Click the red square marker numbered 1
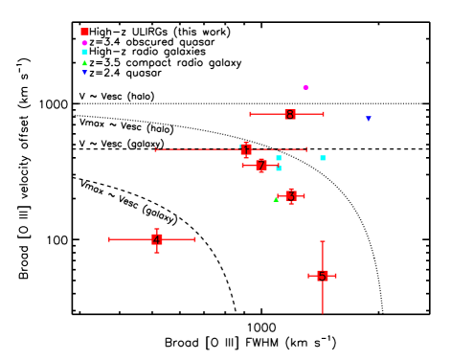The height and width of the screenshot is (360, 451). pos(246,149)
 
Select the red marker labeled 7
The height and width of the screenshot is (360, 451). pos(261,166)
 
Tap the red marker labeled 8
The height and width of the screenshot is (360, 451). pos(290,114)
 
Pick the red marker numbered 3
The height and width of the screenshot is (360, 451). pos(291,196)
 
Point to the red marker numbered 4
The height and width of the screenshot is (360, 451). pos(157,239)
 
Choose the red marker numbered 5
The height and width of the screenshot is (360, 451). pos(323,276)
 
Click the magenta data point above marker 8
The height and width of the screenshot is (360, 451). pos(306,87)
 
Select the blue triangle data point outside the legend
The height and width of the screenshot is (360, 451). pos(369,119)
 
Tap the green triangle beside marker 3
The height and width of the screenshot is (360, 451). pos(276,199)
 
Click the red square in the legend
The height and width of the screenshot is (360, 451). pos(84,32)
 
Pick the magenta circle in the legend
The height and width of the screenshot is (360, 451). pos(84,42)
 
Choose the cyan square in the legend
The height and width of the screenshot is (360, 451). pos(84,52)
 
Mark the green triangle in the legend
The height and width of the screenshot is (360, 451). pos(84,63)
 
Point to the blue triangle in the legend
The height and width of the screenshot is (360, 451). pos(84,73)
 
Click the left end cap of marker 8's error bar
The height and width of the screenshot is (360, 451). pos(251,114)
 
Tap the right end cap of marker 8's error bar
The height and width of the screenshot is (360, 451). pos(324,114)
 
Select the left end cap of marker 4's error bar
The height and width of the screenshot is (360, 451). pos(110,239)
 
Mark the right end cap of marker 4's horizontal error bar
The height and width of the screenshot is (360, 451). pos(195,239)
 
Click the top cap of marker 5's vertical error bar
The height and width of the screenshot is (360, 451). pos(323,241)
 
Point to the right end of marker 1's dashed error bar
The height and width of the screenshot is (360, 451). pos(306,149)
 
